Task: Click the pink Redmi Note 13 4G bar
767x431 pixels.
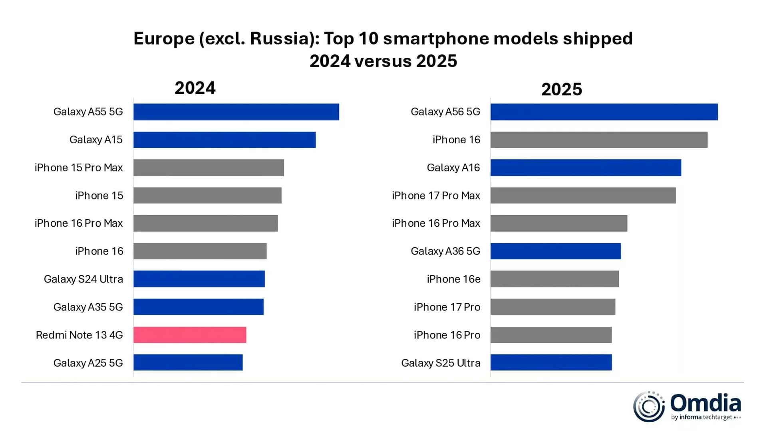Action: (x=190, y=335)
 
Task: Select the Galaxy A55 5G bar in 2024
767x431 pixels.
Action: (x=236, y=112)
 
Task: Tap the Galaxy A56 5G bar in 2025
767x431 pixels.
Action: (x=604, y=112)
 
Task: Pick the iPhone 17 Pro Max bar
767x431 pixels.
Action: (x=583, y=196)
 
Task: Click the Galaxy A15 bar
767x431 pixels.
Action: (x=225, y=140)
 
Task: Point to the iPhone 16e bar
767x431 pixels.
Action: (x=554, y=279)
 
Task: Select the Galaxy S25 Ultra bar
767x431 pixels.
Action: (x=551, y=362)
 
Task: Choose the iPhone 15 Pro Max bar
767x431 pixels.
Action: (x=209, y=168)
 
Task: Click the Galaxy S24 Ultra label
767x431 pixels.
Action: (x=83, y=279)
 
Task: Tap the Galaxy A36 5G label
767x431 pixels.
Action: (x=445, y=251)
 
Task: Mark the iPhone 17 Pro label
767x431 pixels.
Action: (x=447, y=307)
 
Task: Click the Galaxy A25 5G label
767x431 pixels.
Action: (x=88, y=363)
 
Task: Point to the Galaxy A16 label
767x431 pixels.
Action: (x=453, y=168)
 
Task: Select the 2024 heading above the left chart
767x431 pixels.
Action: (x=195, y=88)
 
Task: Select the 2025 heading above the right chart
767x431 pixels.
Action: (x=561, y=89)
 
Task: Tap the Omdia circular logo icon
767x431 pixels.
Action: (x=649, y=406)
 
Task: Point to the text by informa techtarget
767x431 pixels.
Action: (x=702, y=417)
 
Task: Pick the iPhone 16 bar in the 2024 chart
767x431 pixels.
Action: (x=200, y=251)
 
